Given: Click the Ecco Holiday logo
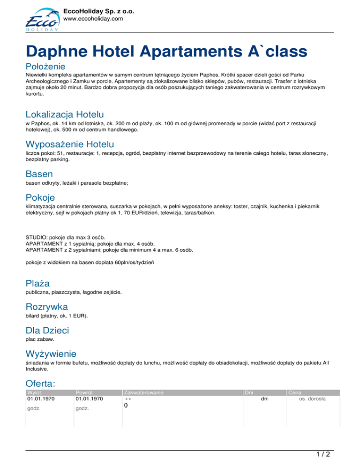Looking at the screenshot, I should (41, 21).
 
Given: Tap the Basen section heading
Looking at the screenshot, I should (39, 173).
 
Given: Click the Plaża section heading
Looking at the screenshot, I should (37, 283).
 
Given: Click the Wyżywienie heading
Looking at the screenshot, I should (50, 353).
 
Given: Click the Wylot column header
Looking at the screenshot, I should (34, 392).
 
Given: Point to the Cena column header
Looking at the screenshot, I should (295, 392).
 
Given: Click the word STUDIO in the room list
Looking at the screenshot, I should (36, 237).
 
